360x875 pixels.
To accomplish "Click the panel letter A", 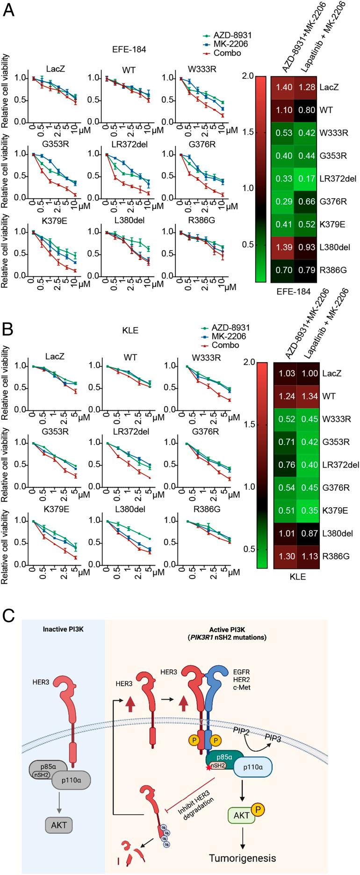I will point(9,10).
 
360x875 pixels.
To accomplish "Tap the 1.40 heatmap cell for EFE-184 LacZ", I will point(282,87).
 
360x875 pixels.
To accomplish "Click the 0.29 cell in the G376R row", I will point(282,201).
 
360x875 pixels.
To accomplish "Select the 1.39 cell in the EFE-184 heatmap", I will point(282,247).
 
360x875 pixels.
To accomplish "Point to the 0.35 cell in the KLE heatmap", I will point(307,510).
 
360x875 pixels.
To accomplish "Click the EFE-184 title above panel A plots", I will point(131,49).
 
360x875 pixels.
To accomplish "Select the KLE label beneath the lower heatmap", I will point(297,577).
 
